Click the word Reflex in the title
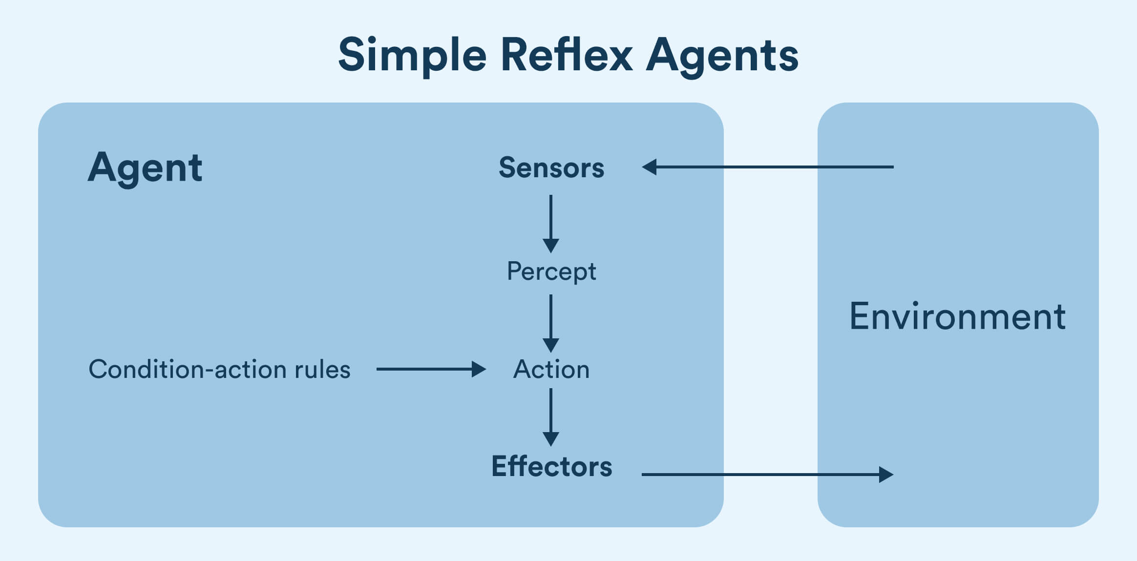point(566,54)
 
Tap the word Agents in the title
point(722,55)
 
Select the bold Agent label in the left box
point(145,167)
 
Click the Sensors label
point(551,168)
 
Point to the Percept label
point(551,271)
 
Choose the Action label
point(551,369)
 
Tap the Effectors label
point(551,466)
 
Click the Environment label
point(957,316)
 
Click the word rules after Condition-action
point(323,369)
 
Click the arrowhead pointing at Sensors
point(650,167)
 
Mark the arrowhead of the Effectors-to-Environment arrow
point(885,474)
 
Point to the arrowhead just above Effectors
point(551,438)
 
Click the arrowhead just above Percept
point(551,245)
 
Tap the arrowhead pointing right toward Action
point(478,369)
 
